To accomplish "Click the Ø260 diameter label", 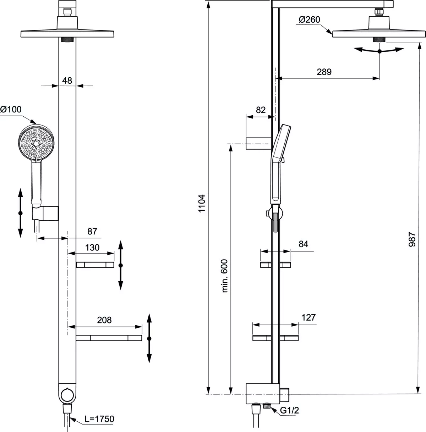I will point(309,20).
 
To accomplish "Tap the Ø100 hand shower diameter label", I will point(11,110).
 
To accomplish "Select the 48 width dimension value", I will point(67,81).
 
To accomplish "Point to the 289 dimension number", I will point(324,72).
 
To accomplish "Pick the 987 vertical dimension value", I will point(412,239).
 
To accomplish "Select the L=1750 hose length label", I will point(99,419).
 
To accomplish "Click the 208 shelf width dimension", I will point(104,320).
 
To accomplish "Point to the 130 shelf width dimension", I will point(92,247).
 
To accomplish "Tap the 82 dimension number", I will point(261,110).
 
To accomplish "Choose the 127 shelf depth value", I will point(308,317).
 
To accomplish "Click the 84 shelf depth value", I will point(303,244).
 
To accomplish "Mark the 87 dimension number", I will point(92,232).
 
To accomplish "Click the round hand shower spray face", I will point(37,143).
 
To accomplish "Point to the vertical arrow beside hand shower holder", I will point(20,213).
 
